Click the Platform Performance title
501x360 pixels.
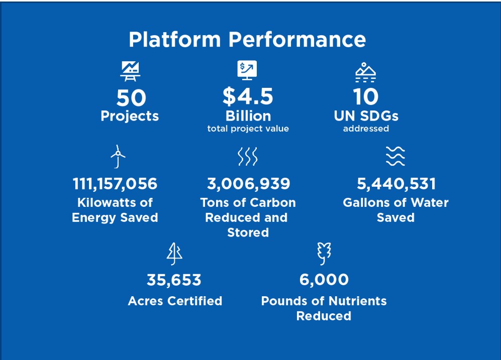click(x=247, y=39)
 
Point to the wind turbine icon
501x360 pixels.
click(x=118, y=157)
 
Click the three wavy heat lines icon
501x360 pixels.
click(x=247, y=157)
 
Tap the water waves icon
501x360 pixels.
click(x=395, y=157)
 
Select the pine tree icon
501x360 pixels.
click(x=174, y=253)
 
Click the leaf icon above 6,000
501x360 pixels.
click(x=324, y=253)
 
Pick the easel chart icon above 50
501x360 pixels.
click(x=130, y=71)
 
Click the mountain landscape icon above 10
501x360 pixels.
click(x=365, y=73)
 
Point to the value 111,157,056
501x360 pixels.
click(x=115, y=184)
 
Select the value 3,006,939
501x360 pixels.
click(x=248, y=184)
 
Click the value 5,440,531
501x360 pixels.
click(x=396, y=184)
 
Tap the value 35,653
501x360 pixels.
click(x=174, y=280)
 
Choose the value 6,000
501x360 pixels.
click(x=324, y=280)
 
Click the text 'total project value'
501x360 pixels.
click(x=248, y=129)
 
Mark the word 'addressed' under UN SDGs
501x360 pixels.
click(x=366, y=129)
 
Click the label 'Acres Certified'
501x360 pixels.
click(x=175, y=301)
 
